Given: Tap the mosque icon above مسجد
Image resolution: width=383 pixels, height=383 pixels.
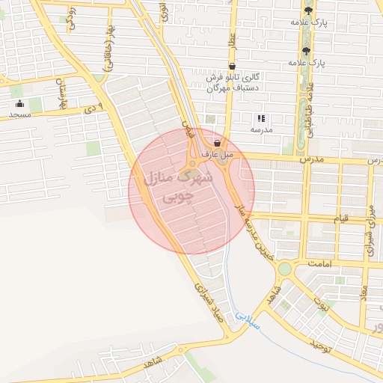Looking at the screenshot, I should (19, 104).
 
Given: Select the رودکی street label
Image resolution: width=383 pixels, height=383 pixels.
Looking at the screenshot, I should (70, 17).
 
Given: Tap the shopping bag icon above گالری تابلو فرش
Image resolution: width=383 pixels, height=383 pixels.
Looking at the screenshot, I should (231, 67).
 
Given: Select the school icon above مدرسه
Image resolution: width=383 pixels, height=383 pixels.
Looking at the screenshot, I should (261, 117).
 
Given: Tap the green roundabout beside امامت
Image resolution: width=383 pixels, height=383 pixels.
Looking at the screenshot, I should (284, 269).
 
